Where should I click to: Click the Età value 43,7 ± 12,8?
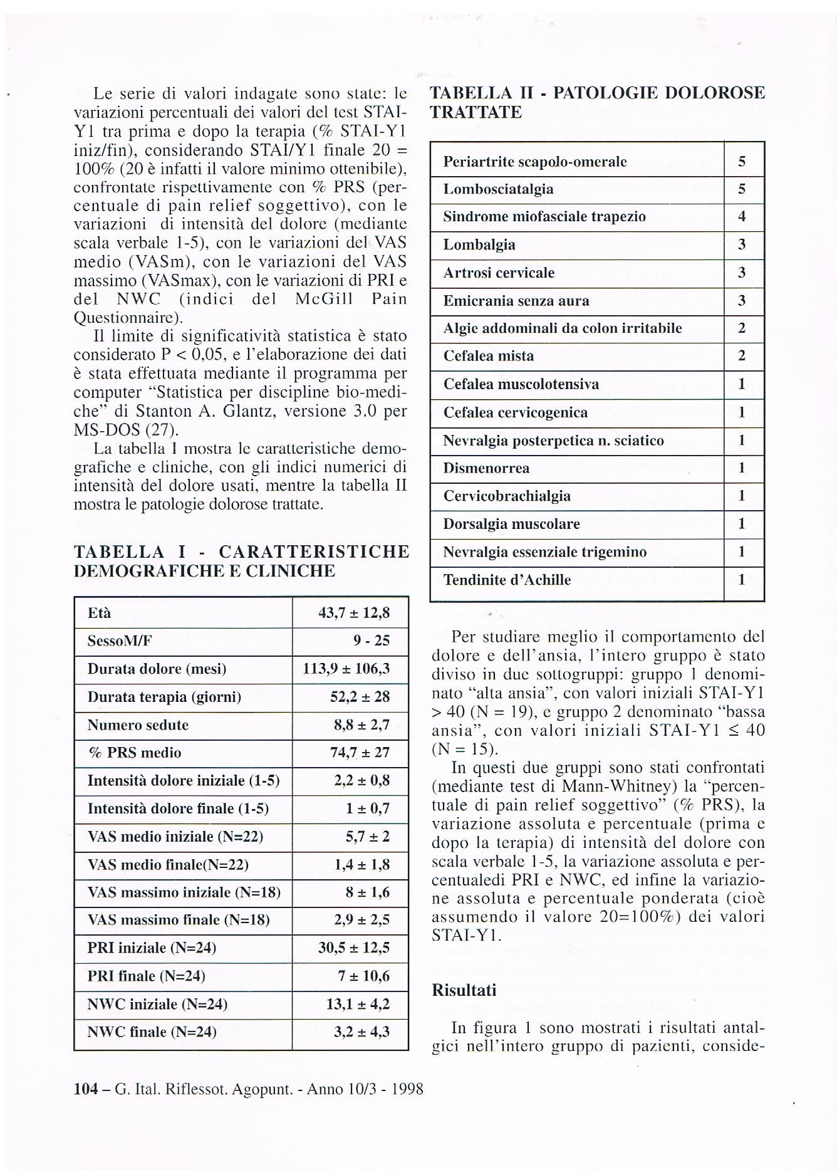354,613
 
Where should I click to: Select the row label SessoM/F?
119,641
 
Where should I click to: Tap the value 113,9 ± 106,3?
346,669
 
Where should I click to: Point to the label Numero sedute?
138,725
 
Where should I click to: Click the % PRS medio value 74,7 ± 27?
360,753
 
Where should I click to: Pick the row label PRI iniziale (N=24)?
152,948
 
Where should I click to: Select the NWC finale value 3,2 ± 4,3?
361,1032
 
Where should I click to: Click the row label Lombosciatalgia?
498,189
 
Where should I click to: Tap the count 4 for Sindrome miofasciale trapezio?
742,217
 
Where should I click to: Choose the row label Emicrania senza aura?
516,301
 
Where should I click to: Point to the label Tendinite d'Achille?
507,580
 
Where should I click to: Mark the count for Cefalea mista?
742,357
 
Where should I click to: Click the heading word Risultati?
464,991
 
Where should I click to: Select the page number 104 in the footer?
86,1089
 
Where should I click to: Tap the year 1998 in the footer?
407,1089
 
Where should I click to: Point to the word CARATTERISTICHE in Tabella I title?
314,552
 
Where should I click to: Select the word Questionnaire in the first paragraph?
125,318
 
